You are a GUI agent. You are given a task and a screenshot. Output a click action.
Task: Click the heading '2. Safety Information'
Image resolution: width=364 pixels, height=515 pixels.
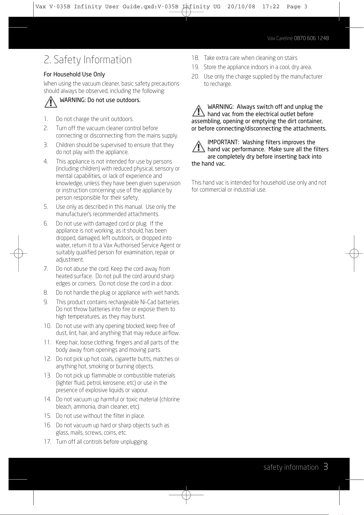[x=88, y=60]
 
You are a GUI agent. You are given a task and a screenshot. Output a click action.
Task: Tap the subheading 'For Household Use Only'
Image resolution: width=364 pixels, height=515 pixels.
[x=74, y=74]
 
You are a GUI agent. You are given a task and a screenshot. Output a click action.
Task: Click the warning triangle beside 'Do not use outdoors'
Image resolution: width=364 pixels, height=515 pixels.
[x=51, y=102]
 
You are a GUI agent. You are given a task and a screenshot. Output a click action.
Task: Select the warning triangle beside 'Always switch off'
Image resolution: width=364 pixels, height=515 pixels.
[x=198, y=111]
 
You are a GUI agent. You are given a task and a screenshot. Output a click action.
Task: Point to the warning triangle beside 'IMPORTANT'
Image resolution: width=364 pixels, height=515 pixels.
[x=198, y=146]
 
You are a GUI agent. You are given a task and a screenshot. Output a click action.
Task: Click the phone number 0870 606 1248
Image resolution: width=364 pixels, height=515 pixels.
[x=311, y=38]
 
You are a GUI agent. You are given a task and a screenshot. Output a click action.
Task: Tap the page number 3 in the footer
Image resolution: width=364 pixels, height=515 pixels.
[x=326, y=467]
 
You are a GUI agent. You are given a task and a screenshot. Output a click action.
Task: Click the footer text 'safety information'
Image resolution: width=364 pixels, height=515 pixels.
[x=291, y=467]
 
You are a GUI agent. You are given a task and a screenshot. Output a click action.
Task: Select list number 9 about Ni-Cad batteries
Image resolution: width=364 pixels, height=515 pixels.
[x=46, y=302]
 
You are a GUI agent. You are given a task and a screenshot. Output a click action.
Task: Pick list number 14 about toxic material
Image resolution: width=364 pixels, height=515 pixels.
[x=47, y=399]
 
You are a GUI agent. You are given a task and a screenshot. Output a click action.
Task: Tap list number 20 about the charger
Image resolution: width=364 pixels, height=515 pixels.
[x=195, y=76]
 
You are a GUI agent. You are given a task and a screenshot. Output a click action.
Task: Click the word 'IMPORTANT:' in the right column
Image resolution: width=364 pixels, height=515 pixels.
[x=223, y=142]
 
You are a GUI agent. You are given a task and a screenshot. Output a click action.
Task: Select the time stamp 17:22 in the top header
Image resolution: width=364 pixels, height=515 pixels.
[x=271, y=6]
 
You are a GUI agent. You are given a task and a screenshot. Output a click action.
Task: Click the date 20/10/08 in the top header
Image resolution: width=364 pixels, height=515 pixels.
[x=241, y=6]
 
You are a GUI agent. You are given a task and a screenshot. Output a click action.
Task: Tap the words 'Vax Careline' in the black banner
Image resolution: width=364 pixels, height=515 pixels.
[x=280, y=38]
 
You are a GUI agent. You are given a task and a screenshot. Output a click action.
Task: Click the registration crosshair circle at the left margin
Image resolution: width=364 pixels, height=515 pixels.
[x=18, y=253]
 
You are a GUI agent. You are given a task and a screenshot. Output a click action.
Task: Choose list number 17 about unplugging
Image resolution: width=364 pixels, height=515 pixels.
[x=47, y=442]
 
